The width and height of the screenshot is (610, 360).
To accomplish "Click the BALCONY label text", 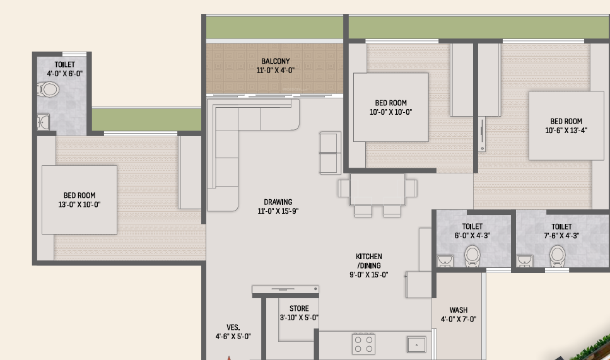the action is (x=276, y=61).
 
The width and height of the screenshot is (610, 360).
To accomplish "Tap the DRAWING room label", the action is (x=278, y=202).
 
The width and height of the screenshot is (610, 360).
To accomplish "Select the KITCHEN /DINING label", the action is (x=369, y=261).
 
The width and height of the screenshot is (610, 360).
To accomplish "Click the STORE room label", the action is (x=299, y=309).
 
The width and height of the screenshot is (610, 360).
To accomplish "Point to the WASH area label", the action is (x=458, y=310).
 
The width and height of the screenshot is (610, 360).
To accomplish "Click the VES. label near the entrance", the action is (x=233, y=327).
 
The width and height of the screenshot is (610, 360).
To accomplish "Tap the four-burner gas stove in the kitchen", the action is (x=363, y=344).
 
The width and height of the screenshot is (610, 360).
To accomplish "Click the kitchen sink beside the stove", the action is (x=416, y=344).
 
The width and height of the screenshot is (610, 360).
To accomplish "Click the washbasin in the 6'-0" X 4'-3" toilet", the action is (x=445, y=260).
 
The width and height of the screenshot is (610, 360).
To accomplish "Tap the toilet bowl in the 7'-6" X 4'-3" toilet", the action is (x=557, y=256).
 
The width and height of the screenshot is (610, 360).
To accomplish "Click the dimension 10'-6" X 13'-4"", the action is (x=566, y=131).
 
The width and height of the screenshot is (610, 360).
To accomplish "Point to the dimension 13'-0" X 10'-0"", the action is (x=79, y=204).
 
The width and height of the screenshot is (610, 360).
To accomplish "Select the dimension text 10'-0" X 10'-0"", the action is (x=390, y=112).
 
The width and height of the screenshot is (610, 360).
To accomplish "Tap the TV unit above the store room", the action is (x=286, y=289).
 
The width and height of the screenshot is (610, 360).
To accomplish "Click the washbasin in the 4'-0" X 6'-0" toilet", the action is (x=43, y=122).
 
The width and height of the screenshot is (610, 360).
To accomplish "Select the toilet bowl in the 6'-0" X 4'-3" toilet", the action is (x=472, y=256).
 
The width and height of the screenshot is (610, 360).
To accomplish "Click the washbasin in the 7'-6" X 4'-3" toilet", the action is (x=524, y=260).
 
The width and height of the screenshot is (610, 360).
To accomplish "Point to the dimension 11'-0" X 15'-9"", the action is (x=278, y=211).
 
